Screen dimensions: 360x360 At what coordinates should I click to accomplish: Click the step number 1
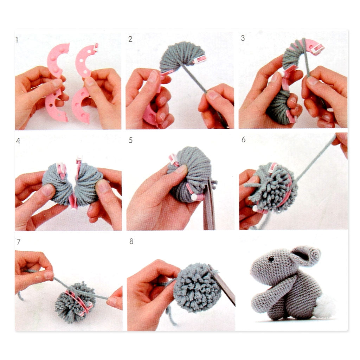pos(17,40)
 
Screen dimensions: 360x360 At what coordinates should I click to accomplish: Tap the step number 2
pos(130,39)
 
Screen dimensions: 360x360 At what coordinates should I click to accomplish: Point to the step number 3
pos(243,38)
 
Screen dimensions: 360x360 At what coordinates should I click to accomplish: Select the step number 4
pos(18,141)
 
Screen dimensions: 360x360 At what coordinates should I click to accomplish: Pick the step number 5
pos(131,140)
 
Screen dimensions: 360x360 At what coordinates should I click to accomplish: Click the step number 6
pos(244,139)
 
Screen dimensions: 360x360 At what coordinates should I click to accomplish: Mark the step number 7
pos(19,242)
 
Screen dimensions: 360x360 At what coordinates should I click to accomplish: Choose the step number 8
pos(131,241)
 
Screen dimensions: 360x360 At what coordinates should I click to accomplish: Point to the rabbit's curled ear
pos(306,256)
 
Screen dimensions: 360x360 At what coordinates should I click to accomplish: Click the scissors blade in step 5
pos(209,204)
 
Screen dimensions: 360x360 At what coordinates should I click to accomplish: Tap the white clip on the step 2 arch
pos(199,59)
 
